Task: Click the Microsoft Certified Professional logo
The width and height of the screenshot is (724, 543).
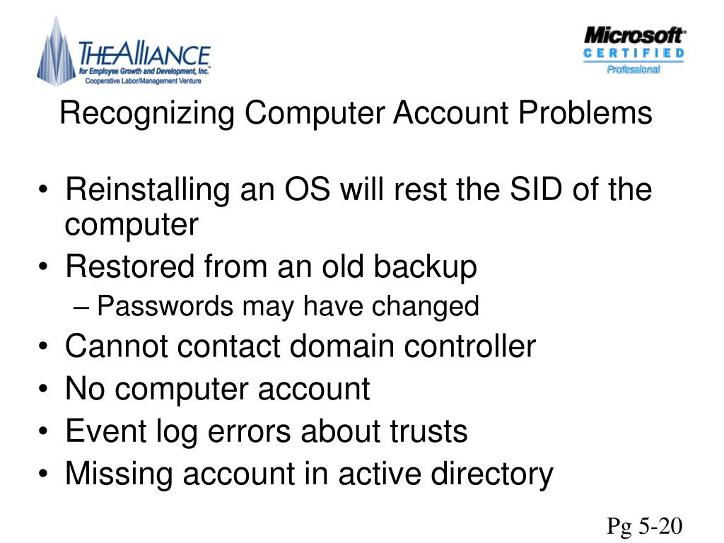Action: coord(633,49)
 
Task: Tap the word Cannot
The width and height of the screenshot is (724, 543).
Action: coord(116,346)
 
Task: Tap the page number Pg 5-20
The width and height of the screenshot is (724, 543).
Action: coord(645,526)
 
